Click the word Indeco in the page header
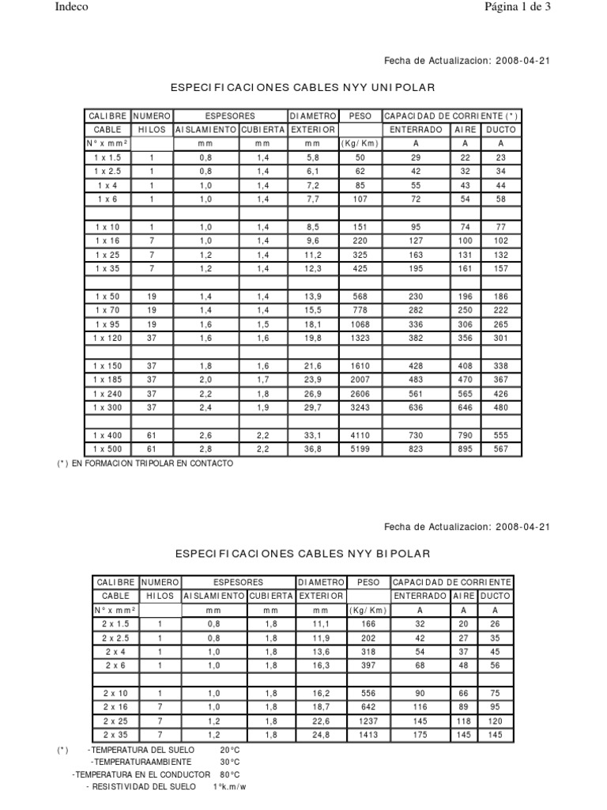pos(71,7)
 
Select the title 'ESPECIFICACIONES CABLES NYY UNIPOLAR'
pos(303,85)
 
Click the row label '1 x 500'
pos(107,449)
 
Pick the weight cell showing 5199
pos(360,449)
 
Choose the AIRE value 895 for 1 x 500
pos(464,449)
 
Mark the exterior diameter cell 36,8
pos(314,449)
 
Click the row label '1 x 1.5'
pos(107,158)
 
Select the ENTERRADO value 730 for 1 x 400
pos(416,435)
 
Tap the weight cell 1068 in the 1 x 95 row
pos(360,325)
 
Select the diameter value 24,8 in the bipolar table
pos(320,735)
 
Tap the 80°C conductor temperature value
pos(228,774)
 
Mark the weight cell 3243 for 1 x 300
pos(360,407)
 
